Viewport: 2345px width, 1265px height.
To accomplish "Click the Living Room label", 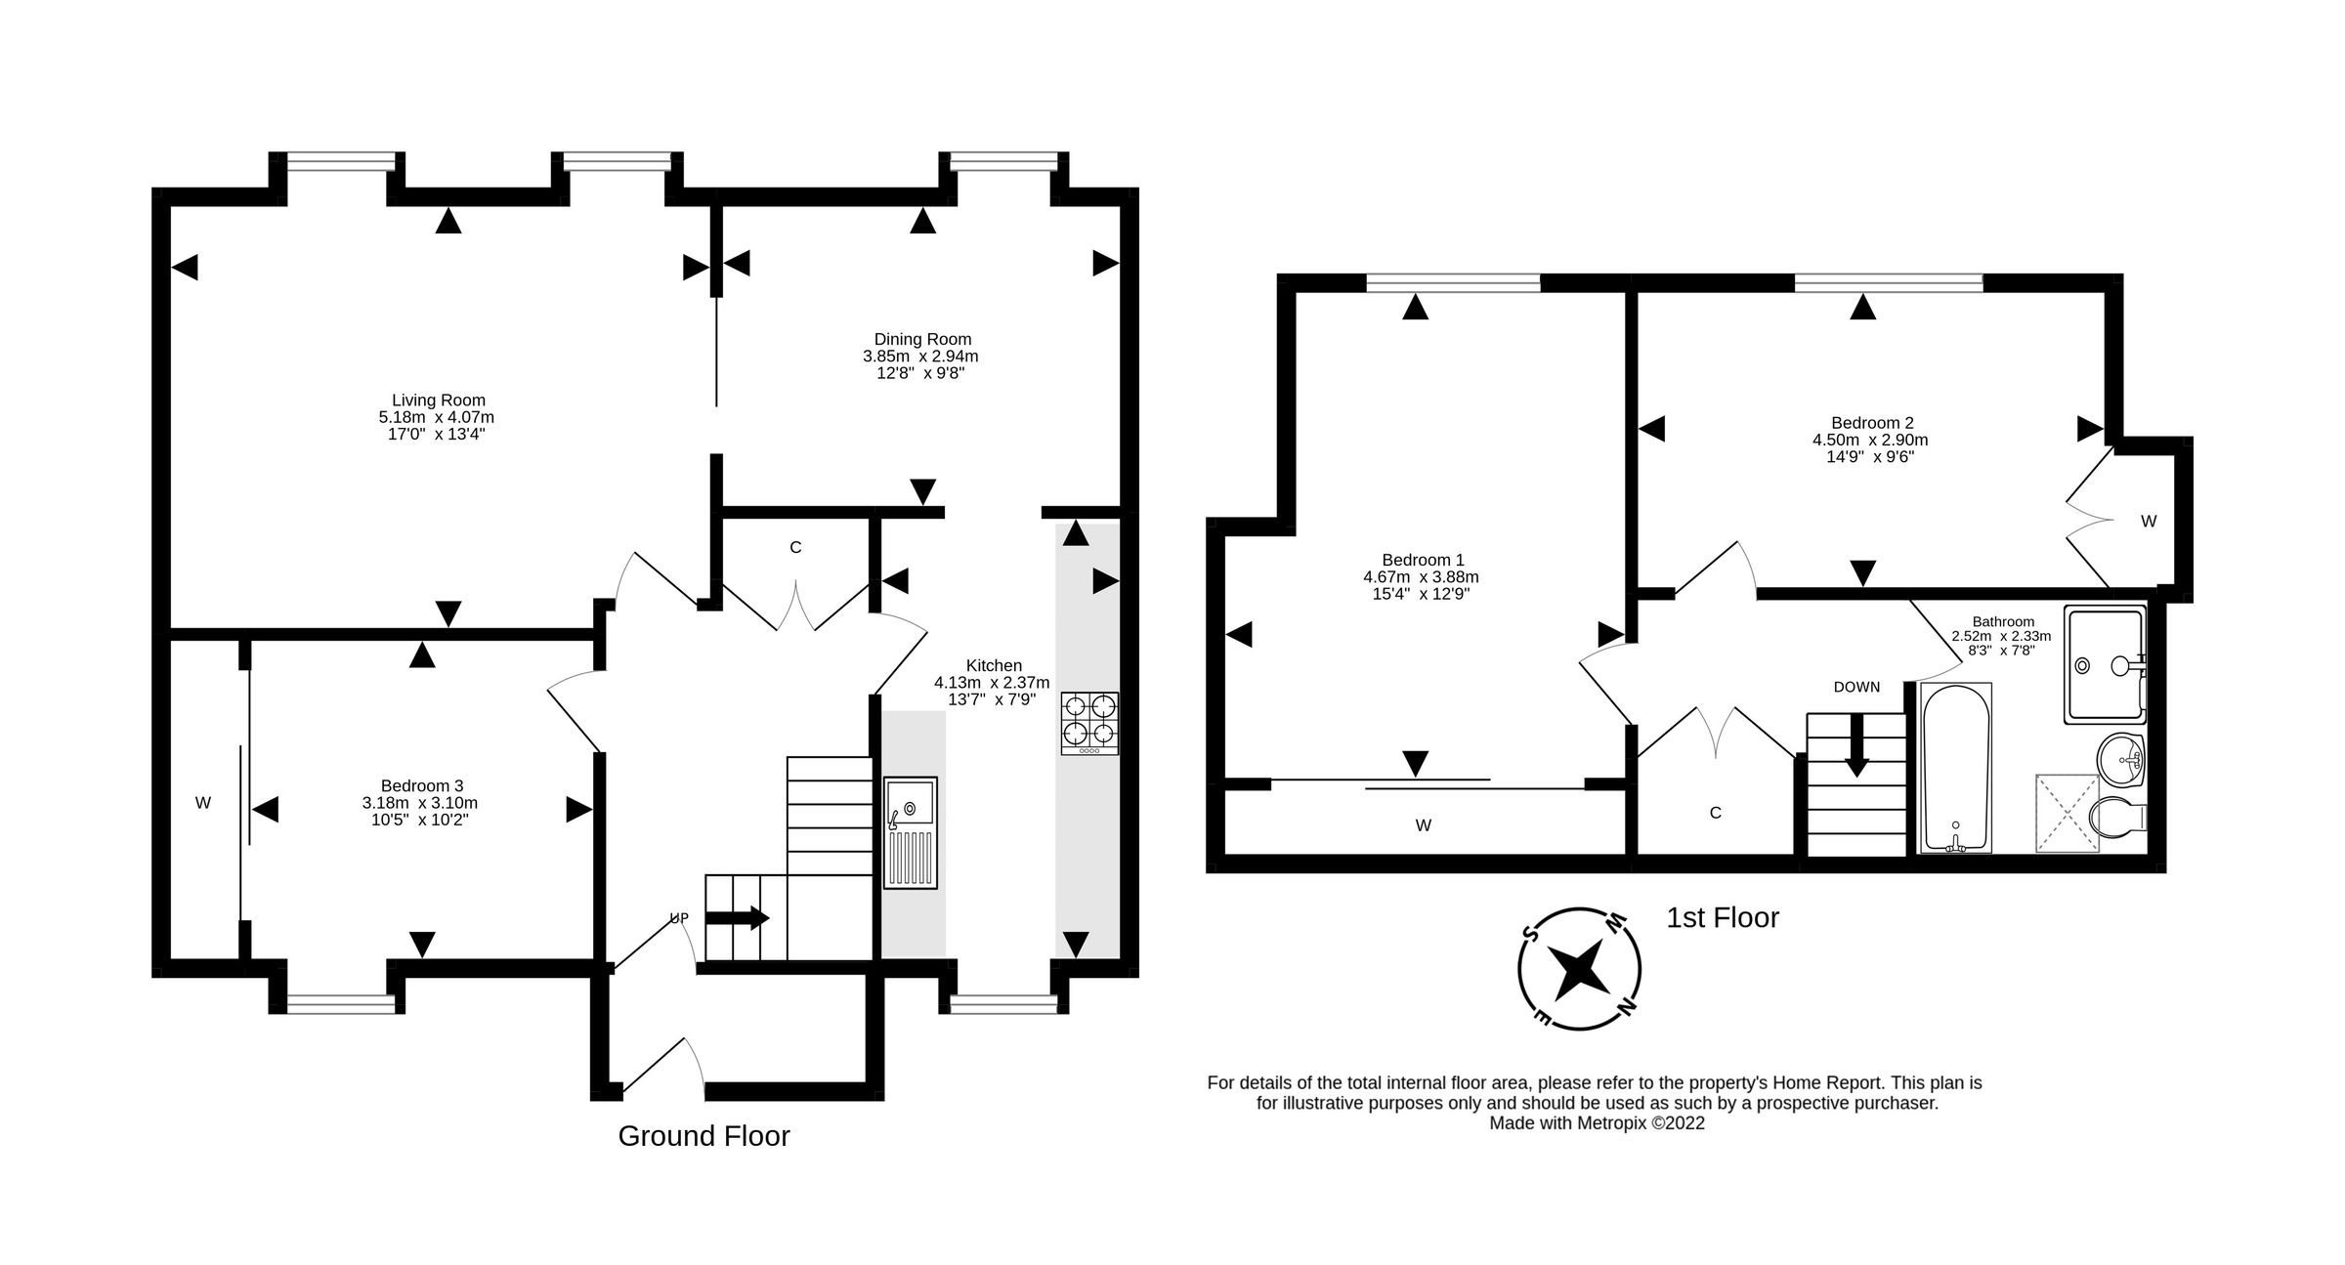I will point(438,400).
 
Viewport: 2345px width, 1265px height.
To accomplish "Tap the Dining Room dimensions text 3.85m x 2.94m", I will point(919,357).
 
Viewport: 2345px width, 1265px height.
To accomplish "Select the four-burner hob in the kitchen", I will point(1089,722).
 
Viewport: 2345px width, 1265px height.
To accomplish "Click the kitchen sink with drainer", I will point(910,832).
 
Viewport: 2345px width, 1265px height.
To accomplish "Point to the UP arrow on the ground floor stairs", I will point(737,918).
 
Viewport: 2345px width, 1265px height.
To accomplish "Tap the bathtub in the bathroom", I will point(1955,768).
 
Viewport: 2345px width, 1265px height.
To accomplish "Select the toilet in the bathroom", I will point(2117,815).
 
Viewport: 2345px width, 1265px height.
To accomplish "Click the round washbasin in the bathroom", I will point(2120,757).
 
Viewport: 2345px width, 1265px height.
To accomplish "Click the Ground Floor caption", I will point(703,1136).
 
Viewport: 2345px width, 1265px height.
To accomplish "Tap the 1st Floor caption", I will point(1723,917).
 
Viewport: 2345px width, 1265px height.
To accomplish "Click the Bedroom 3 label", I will point(421,785).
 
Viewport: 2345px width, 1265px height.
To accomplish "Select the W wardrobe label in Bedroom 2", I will point(2148,522).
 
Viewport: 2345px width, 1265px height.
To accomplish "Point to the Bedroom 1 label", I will point(1422,560).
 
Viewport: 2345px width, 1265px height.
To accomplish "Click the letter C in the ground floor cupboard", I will point(795,548).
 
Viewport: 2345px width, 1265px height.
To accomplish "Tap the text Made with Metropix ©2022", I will point(1597,1123).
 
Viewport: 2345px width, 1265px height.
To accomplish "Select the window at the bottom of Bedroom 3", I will point(340,1003).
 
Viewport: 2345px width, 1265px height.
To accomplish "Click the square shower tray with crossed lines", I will point(2067,813).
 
